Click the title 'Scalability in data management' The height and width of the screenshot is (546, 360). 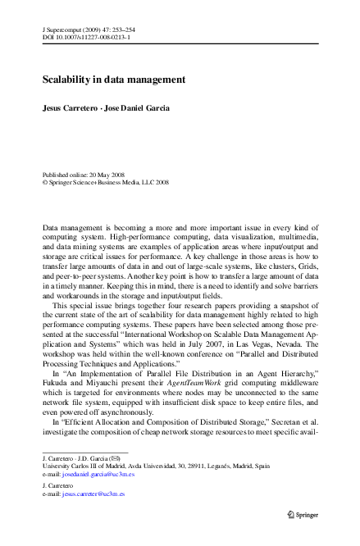pyautogui.click(x=114, y=80)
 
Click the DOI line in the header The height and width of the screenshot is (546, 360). pyautogui.click(x=85, y=38)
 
